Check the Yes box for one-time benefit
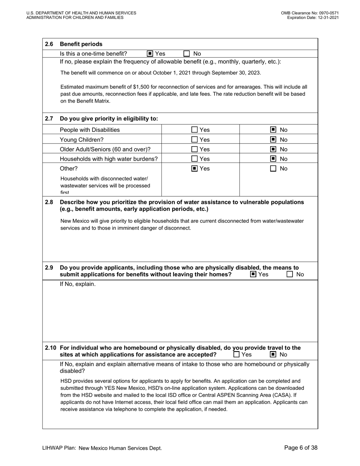pyautogui.click(x=150, y=53)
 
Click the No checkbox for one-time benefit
pyautogui.click(x=186, y=53)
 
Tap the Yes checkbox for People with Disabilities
pyautogui.click(x=194, y=130)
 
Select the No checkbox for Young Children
pyautogui.click(x=273, y=139)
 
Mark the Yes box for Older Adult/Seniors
pyautogui.click(x=194, y=149)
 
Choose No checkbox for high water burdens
pyautogui.click(x=273, y=159)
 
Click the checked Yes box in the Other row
pyautogui.click(x=194, y=169)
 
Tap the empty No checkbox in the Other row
pyautogui.click(x=273, y=169)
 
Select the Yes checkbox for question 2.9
pyautogui.click(x=253, y=274)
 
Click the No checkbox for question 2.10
pyautogui.click(x=273, y=355)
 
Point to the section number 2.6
pyautogui.click(x=49, y=44)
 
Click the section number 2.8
pyautogui.click(x=49, y=202)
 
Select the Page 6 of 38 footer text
pyautogui.click(x=301, y=448)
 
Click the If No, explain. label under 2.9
pyautogui.click(x=78, y=284)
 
